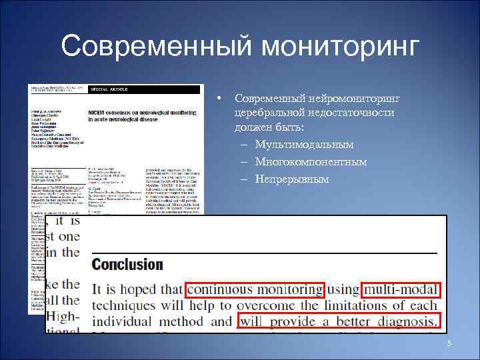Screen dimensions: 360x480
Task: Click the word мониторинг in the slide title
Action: [x=341, y=47]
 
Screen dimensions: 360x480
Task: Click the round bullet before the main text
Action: [x=219, y=99]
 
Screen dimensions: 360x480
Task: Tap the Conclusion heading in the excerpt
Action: [x=127, y=265]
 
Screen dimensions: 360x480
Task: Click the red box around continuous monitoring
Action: [x=255, y=289]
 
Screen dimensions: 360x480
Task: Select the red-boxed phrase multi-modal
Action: [x=401, y=289]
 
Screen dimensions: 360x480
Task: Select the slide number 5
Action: [x=449, y=343]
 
